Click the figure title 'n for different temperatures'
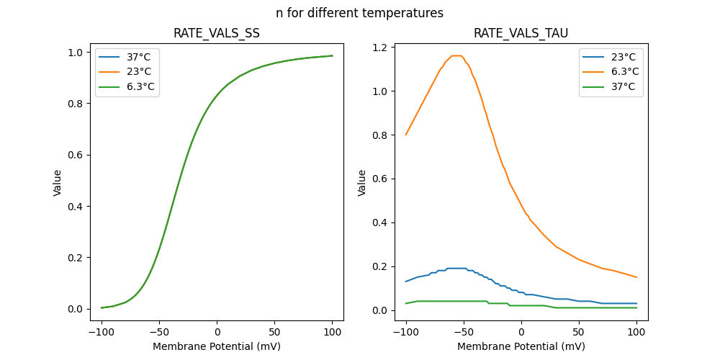point(359,13)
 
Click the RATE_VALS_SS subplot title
point(216,33)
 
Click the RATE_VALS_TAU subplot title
point(521,33)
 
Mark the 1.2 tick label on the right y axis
point(380,48)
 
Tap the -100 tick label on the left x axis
point(102,333)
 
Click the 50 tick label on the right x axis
point(579,333)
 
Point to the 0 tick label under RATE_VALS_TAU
point(521,333)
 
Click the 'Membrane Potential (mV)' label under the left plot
point(217,346)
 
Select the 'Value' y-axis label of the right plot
point(362,183)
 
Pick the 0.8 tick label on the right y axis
point(380,135)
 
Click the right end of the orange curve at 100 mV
point(636,277)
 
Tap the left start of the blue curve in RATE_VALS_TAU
point(406,282)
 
